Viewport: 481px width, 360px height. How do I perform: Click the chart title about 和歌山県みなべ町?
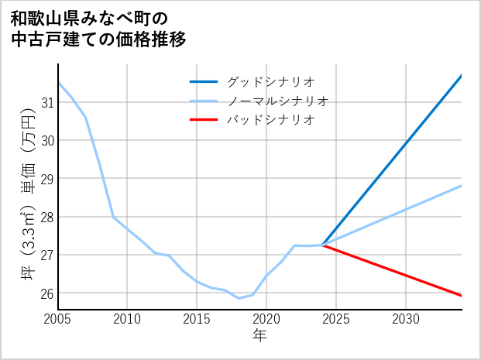click(98, 28)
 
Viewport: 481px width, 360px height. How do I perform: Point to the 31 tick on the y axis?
click(46, 102)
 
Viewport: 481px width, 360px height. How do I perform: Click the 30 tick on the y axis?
click(46, 140)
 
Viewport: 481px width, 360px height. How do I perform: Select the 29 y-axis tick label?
click(46, 179)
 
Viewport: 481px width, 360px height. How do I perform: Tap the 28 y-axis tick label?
click(46, 217)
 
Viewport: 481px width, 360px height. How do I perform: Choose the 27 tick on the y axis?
click(46, 255)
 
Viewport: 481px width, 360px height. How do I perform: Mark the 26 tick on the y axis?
click(46, 293)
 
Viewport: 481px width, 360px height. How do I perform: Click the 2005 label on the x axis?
click(58, 319)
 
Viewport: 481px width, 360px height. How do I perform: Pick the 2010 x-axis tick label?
click(127, 319)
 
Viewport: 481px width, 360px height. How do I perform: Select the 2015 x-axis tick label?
click(197, 319)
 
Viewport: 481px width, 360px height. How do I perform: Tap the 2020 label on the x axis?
click(266, 319)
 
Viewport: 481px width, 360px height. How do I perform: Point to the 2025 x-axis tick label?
click(336, 319)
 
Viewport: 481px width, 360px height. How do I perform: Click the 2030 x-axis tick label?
click(406, 319)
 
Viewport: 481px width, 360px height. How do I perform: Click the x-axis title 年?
click(259, 336)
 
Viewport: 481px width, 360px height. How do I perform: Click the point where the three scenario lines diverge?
click(322, 245)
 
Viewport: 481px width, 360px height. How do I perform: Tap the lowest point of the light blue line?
click(239, 298)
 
